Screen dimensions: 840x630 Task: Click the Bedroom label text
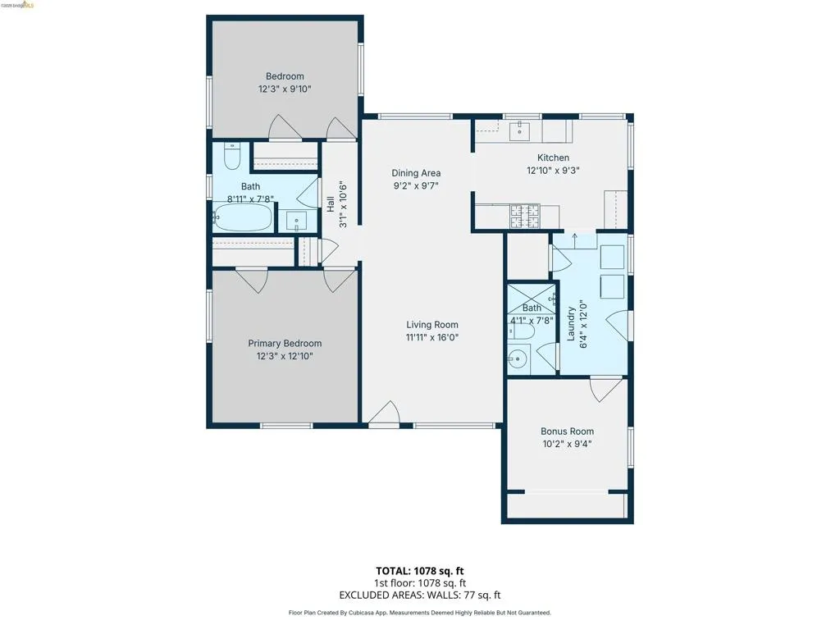click(x=285, y=76)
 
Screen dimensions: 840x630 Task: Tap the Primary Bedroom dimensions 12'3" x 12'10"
click(x=285, y=356)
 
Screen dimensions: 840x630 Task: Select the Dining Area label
click(x=416, y=173)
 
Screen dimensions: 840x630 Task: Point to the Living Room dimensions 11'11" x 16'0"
click(x=431, y=337)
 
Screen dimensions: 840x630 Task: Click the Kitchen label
click(x=553, y=157)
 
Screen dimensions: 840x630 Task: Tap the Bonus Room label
click(x=567, y=431)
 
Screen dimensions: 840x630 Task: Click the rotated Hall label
click(x=331, y=203)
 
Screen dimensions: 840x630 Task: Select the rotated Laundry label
click(x=571, y=323)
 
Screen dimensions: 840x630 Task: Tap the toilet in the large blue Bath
click(x=232, y=155)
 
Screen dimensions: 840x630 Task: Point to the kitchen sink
click(x=519, y=130)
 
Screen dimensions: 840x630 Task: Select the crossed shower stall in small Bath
click(x=532, y=299)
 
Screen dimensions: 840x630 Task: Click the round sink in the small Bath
click(x=518, y=359)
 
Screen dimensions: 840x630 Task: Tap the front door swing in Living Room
click(x=384, y=413)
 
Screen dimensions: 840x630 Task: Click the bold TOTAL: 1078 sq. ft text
click(x=419, y=571)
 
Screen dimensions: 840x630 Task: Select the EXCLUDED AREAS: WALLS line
click(x=419, y=596)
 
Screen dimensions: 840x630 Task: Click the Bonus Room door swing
click(x=606, y=390)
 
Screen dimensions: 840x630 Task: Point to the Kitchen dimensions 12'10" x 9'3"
click(x=553, y=171)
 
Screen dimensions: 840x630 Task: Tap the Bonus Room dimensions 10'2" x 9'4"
click(x=567, y=444)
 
